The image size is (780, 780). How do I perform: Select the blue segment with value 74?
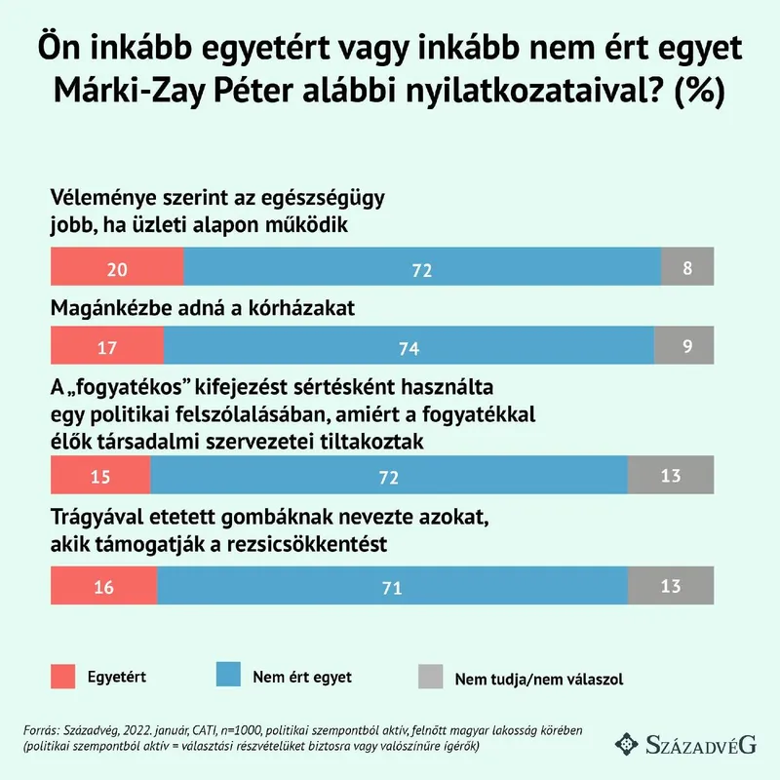tap(409, 345)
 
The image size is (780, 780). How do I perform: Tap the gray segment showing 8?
tap(687, 267)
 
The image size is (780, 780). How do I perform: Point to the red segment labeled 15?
tap(99, 475)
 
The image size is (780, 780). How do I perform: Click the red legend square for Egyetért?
tap(61, 676)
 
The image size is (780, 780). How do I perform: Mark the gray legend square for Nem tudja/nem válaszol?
tap(428, 676)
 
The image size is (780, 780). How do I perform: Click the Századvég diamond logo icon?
tap(627, 744)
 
